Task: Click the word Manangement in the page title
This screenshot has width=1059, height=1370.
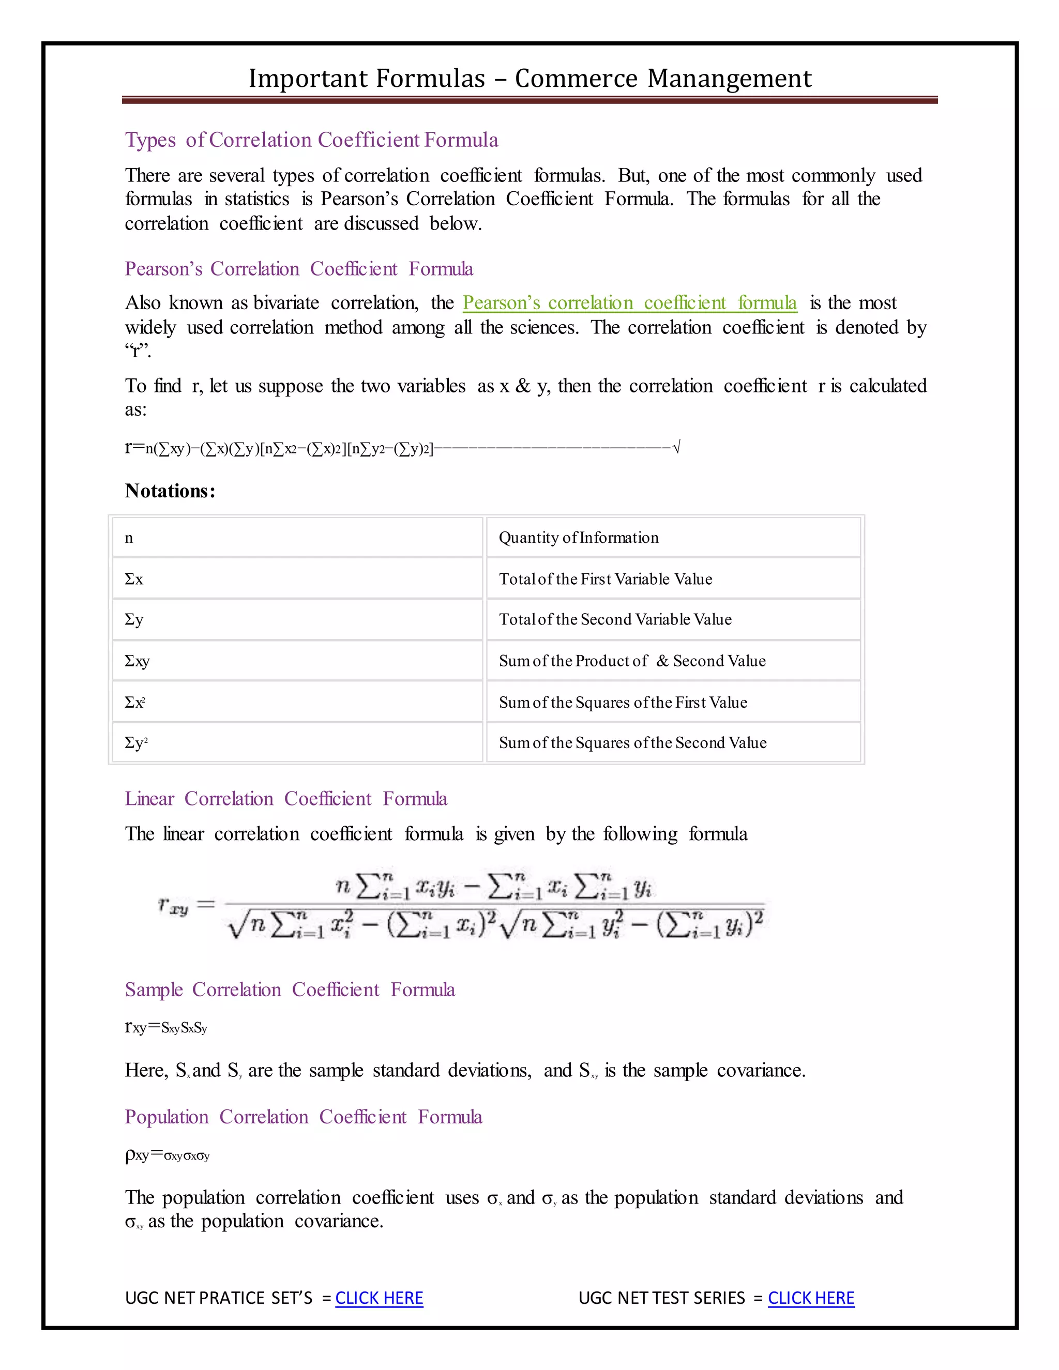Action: point(729,79)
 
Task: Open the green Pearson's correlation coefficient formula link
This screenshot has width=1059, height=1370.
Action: point(629,303)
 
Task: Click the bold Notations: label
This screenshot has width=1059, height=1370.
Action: point(170,491)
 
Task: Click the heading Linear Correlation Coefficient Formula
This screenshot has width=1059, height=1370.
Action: point(285,799)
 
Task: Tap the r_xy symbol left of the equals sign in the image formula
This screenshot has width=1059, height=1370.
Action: point(173,906)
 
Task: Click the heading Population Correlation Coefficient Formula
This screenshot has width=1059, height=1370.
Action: point(303,1117)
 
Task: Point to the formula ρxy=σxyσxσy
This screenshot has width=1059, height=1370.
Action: point(167,1155)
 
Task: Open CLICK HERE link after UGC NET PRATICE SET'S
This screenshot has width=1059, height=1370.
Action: point(379,1298)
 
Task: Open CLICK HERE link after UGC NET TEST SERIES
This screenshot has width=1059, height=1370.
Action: point(811,1298)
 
